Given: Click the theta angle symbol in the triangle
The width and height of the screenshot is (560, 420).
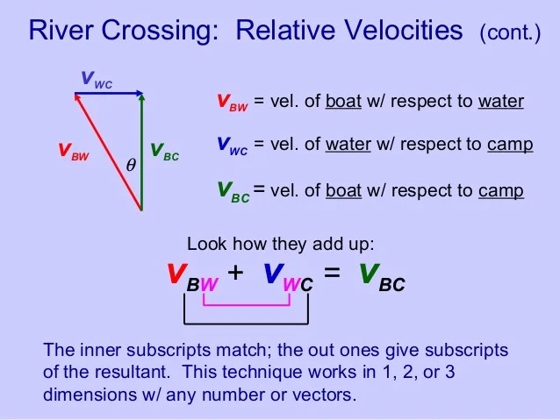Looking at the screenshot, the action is tap(131, 165).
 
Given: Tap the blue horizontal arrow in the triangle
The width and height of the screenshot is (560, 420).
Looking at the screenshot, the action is tap(109, 94).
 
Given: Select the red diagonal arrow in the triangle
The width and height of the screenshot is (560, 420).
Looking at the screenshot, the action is tap(108, 152).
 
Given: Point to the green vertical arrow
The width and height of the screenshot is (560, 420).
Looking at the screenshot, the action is tap(142, 152).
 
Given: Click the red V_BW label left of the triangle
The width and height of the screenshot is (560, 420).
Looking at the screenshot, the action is tap(74, 152).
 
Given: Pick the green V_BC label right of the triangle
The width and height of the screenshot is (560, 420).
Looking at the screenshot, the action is tap(164, 152).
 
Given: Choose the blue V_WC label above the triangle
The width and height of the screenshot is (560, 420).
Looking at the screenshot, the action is tap(97, 80).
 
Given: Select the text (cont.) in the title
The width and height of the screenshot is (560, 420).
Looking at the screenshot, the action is tap(510, 32).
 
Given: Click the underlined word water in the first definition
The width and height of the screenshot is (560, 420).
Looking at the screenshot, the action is tap(501, 102).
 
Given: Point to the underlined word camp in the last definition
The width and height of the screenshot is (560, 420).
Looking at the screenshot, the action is tap(501, 191).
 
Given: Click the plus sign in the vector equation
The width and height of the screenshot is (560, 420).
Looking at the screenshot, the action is tap(235, 273).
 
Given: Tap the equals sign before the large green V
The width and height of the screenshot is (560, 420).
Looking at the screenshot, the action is tap(332, 273).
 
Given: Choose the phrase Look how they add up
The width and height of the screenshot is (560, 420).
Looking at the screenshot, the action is tap(280, 245).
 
